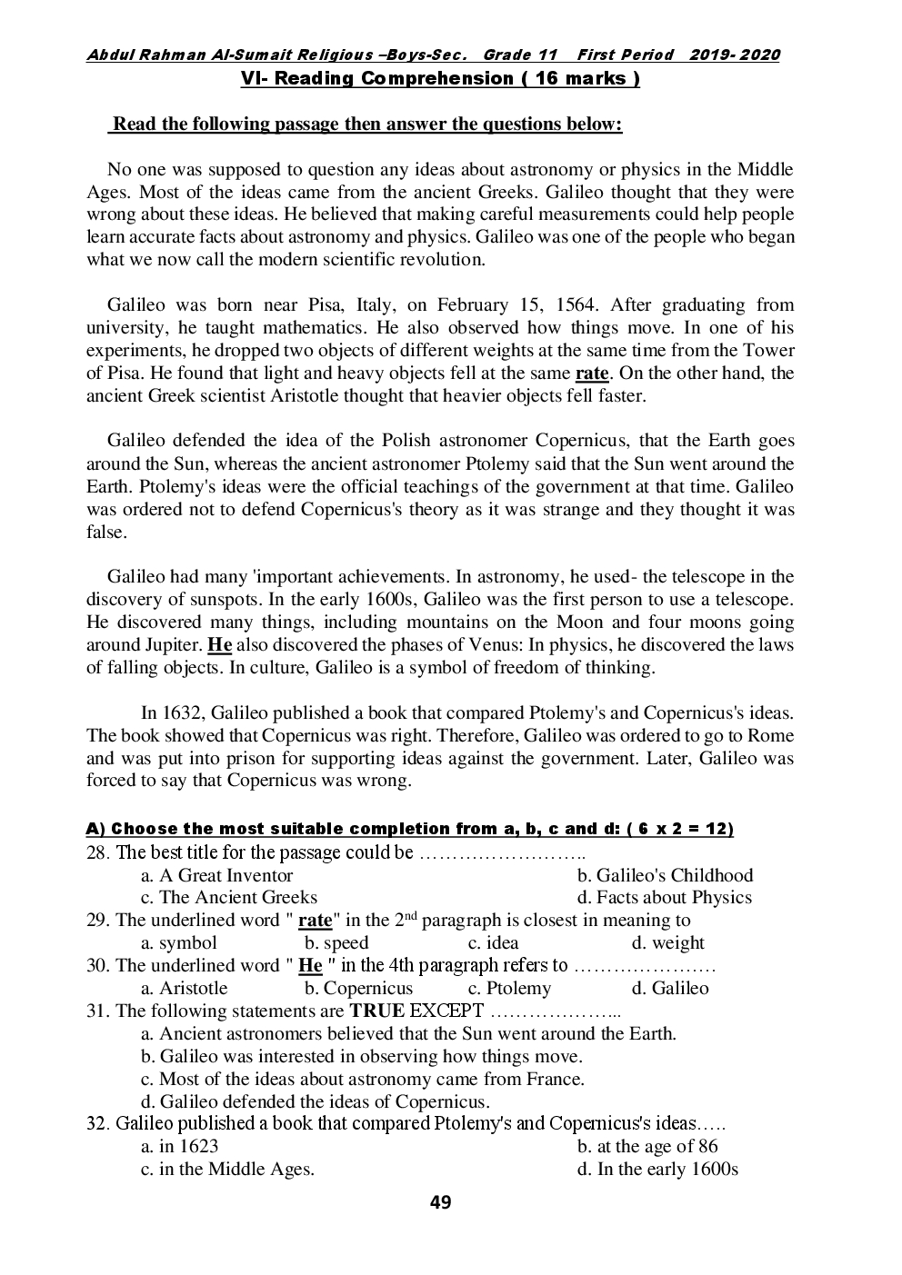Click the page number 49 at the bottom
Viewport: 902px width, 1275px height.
click(x=440, y=1203)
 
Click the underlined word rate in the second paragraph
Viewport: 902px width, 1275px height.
click(x=592, y=374)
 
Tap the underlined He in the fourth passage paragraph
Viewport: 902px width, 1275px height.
click(x=220, y=645)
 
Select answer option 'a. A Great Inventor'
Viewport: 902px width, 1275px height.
click(x=217, y=876)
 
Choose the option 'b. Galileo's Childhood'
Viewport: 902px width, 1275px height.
click(x=666, y=876)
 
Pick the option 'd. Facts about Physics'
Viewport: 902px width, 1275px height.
click(x=665, y=898)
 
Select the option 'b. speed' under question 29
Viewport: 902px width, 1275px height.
click(x=336, y=943)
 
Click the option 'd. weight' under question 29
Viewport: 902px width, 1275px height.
click(x=668, y=943)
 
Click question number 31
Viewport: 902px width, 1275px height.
click(x=98, y=1011)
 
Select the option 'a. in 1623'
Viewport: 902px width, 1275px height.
click(x=180, y=1147)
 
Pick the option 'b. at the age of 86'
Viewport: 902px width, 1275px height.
click(x=647, y=1147)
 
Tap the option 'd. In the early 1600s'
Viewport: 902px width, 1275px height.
click(x=657, y=1170)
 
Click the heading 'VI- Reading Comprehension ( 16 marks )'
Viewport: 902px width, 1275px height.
click(x=440, y=79)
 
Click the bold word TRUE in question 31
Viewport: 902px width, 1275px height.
click(x=377, y=1011)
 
